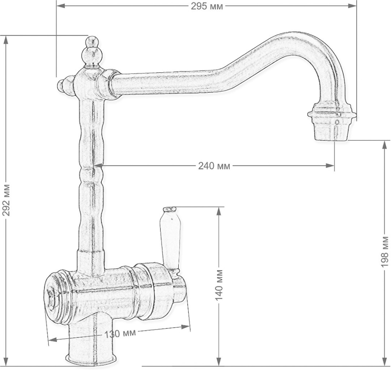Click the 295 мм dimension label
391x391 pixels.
point(207,6)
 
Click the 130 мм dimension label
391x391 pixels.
point(120,334)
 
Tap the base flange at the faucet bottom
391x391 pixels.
point(91,359)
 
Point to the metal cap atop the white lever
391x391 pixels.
point(169,210)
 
